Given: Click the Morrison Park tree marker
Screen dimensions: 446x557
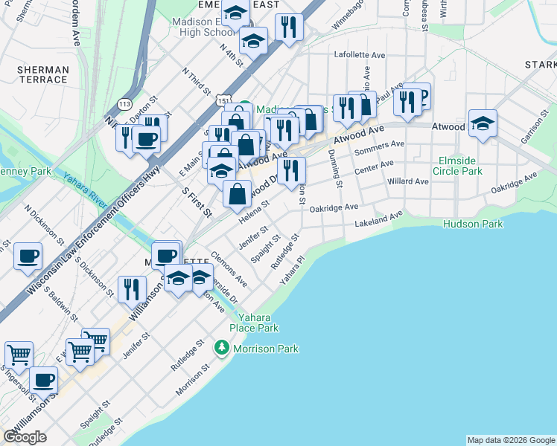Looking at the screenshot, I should pyautogui.click(x=221, y=348).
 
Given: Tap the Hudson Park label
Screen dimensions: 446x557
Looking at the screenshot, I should pyautogui.click(x=473, y=224).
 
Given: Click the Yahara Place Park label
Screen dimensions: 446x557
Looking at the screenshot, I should pyautogui.click(x=254, y=323).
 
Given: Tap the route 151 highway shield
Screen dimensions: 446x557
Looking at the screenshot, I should pyautogui.click(x=223, y=99).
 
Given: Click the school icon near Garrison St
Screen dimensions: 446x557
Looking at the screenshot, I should pyautogui.click(x=483, y=124).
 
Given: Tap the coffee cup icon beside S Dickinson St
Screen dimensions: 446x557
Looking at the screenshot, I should pyautogui.click(x=28, y=256).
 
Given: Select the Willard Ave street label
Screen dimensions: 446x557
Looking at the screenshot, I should pyautogui.click(x=408, y=181).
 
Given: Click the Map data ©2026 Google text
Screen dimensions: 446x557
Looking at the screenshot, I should pyautogui.click(x=511, y=440).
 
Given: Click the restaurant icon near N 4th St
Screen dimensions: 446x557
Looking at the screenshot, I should pyautogui.click(x=288, y=28).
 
